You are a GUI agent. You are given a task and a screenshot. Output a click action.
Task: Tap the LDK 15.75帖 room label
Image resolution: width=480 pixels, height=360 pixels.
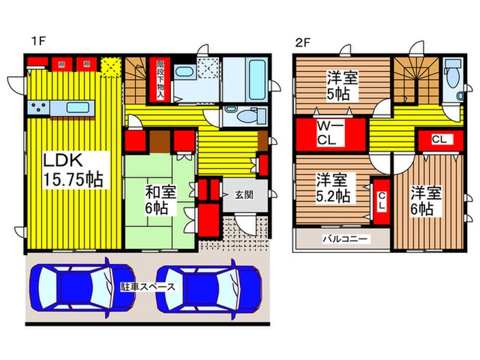pos(73,171)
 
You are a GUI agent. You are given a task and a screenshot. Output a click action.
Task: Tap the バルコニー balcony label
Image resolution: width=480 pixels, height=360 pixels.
pos(346,239)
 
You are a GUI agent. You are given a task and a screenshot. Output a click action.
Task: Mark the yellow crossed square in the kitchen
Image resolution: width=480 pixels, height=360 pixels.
pos(110,66)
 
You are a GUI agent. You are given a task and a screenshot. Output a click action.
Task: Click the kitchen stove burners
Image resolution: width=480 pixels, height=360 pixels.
pos(38,108)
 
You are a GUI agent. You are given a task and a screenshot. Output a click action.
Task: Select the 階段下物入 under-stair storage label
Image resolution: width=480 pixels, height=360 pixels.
pos(160,79)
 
